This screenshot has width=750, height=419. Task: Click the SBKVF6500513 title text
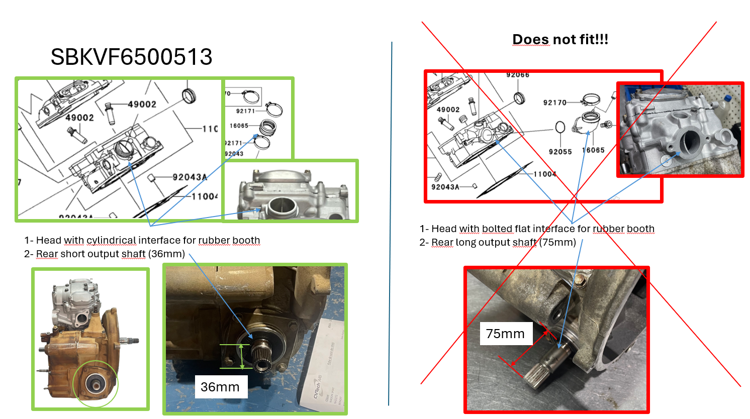click(x=131, y=57)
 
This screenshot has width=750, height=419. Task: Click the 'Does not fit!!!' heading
click(x=560, y=39)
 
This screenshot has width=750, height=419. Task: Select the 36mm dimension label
click(x=220, y=387)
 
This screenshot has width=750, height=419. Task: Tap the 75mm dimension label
click(x=505, y=334)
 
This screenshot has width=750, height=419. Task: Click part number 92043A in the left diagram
click(x=190, y=177)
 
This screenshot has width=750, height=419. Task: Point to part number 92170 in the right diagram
click(x=554, y=102)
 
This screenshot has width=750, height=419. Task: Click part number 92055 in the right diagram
click(x=560, y=152)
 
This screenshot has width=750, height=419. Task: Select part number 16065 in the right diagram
click(x=593, y=150)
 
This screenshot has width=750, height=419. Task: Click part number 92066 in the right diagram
click(x=517, y=75)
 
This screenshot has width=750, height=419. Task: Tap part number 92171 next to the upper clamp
click(x=245, y=111)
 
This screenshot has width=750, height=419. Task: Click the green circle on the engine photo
click(x=95, y=384)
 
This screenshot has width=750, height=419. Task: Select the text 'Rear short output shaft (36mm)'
click(x=110, y=254)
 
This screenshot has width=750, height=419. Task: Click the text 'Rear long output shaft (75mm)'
click(x=503, y=243)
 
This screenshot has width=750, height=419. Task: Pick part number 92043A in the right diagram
click(x=445, y=187)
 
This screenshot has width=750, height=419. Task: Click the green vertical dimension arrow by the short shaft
click(x=242, y=356)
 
